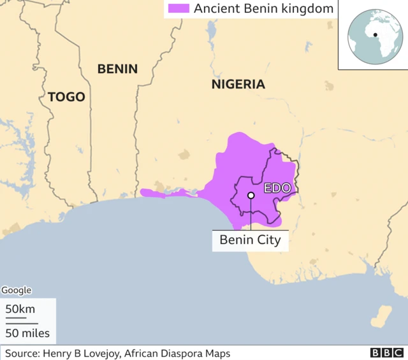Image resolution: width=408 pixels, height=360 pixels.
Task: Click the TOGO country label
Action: pos(66,97)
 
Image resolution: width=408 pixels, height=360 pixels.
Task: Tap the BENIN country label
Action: pos(117,69)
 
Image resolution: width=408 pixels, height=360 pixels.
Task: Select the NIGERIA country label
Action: pos(238,84)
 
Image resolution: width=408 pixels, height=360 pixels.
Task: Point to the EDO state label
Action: pos(277,188)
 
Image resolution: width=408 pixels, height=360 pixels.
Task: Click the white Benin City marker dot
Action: pos(251,196)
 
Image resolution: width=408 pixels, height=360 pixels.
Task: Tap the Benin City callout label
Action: pos(250,240)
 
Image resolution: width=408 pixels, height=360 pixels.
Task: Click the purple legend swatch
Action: pos(178,9)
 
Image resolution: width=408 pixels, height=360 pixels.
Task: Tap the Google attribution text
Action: pos(16,290)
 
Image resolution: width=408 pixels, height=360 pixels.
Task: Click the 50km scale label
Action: pos(20,309)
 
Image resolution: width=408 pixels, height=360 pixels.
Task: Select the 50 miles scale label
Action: pos(27,333)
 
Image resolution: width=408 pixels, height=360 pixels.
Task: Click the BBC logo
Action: pos(385,353)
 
